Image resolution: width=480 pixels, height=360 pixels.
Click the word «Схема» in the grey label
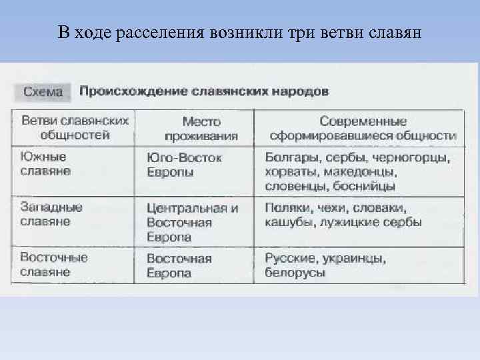(x=43, y=91)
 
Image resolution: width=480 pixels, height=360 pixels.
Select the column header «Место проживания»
(x=201, y=129)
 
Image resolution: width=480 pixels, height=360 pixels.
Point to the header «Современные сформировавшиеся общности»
(x=363, y=129)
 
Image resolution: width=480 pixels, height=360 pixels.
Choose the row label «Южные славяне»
(x=45, y=164)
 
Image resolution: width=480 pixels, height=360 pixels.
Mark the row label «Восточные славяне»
(x=55, y=264)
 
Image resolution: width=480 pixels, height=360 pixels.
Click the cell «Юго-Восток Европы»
(x=184, y=165)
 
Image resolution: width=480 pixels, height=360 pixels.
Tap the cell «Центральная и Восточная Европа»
(x=192, y=222)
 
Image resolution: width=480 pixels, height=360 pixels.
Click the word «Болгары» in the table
(x=289, y=158)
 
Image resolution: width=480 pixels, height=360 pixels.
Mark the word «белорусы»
(x=295, y=273)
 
